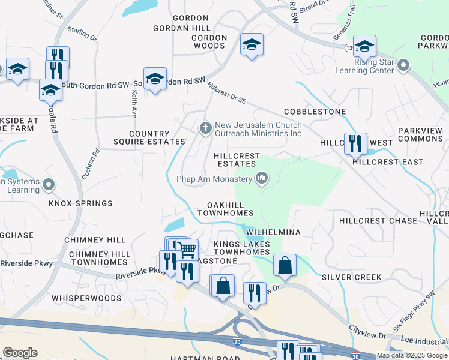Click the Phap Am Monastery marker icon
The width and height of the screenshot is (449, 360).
point(262,178)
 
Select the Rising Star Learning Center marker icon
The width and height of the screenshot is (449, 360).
point(403,65)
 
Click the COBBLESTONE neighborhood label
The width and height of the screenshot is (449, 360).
point(315,112)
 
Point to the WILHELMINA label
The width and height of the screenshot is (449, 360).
point(272,232)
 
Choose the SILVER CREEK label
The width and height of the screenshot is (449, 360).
point(351,277)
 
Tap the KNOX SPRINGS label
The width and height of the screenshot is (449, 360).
point(80,203)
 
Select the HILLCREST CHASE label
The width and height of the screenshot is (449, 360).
point(378,221)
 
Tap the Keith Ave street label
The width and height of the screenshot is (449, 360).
point(134,104)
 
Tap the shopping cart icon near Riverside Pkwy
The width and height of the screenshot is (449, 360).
point(188,248)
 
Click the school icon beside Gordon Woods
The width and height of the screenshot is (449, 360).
point(252,44)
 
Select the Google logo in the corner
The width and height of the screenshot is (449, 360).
point(20,353)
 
